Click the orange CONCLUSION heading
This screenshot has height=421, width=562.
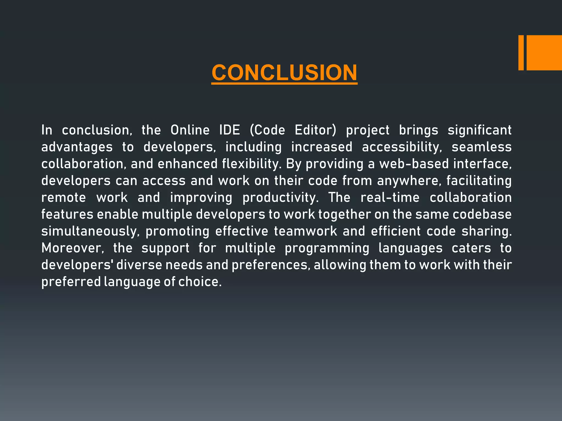coord(284,73)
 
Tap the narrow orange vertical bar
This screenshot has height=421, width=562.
coord(521,53)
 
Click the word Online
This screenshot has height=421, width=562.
coord(190,130)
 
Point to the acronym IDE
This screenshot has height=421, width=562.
coord(229,130)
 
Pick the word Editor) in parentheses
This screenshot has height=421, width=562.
coord(315,130)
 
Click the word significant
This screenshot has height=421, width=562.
coord(479,130)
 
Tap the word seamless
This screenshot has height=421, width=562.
coord(482,147)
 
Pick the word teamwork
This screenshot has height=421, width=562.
coord(305,231)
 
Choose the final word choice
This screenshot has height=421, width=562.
coord(199,282)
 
